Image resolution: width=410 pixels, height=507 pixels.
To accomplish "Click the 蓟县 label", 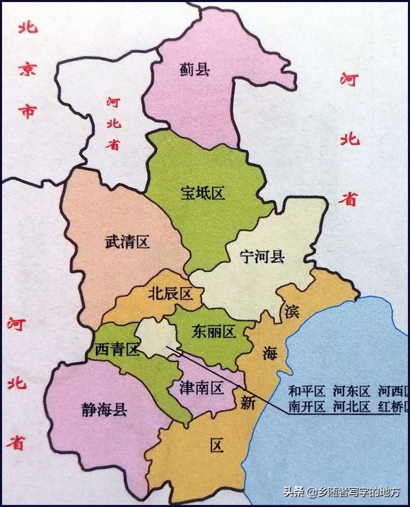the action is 196,69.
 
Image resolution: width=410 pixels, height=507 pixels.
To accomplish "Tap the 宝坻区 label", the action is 203,193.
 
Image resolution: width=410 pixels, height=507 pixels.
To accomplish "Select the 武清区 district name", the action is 127,242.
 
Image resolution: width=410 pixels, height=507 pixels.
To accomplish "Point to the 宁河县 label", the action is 262,256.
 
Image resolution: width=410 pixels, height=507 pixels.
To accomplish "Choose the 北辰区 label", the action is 170,294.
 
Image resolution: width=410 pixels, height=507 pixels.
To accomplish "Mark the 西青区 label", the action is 115,349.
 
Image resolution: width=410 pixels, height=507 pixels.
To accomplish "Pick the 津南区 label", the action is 202,387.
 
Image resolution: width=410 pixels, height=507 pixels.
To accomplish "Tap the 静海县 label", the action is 105,409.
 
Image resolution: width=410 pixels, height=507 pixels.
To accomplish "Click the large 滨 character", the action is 292,311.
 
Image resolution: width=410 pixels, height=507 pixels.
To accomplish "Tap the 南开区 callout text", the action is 306,407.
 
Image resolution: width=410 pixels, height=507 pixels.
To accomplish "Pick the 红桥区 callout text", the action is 392,407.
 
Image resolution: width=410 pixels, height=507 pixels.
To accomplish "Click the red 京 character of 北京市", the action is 26,68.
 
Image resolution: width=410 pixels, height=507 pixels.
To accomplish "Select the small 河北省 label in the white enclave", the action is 113,123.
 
